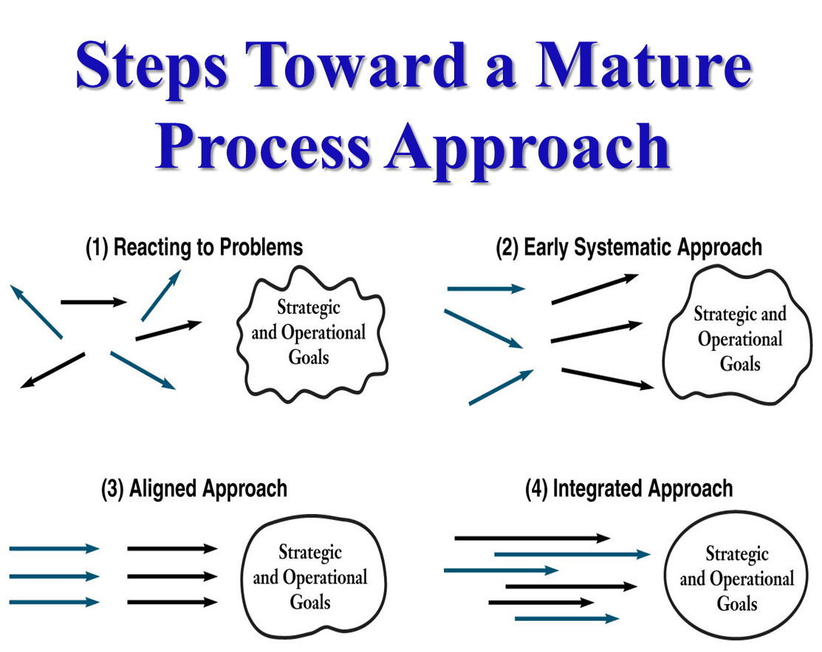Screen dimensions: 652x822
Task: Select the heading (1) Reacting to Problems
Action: coord(194,247)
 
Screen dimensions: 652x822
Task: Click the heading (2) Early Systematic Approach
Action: coord(629,247)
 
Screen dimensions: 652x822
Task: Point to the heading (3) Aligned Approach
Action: coord(194,488)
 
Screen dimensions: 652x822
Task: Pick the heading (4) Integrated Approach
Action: coord(629,488)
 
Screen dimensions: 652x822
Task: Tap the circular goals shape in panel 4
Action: coord(737,578)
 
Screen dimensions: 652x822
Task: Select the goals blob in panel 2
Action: coord(739,338)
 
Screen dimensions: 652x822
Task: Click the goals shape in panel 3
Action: coord(309,577)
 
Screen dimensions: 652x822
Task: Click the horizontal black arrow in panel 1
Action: coord(94,301)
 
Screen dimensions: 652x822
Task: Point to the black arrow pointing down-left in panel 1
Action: coord(53,370)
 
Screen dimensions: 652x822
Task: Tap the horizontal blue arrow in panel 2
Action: coord(485,289)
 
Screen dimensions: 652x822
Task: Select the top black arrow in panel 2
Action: coord(595,289)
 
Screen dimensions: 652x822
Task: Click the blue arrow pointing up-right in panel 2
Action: coord(501,388)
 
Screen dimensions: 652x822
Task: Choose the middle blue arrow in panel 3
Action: coord(54,576)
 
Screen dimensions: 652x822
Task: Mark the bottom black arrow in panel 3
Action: coord(172,603)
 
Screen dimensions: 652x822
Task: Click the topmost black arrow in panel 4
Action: coord(532,538)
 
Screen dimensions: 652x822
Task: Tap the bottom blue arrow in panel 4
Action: coord(566,618)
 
